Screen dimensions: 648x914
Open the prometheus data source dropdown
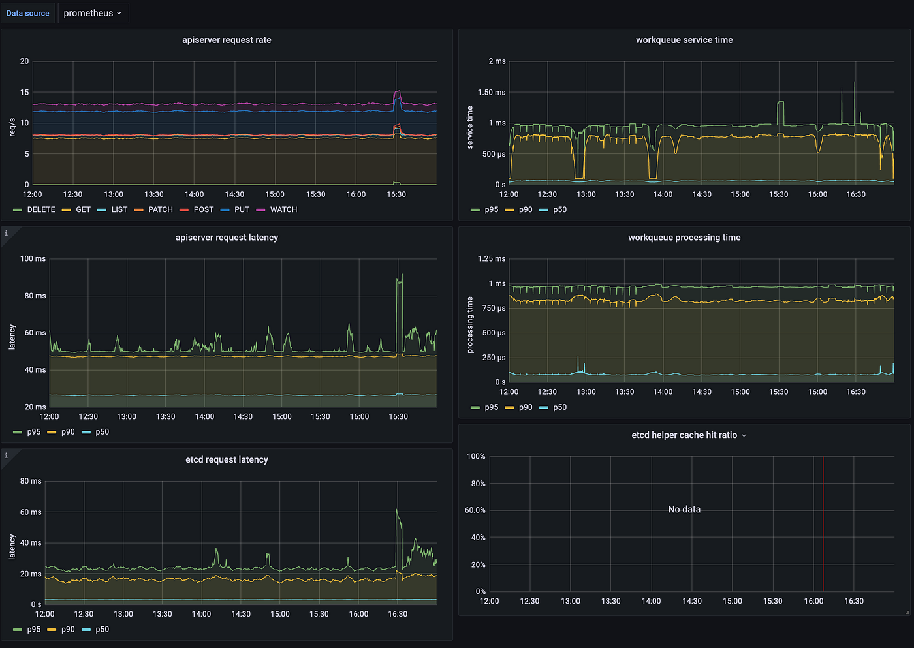tap(93, 13)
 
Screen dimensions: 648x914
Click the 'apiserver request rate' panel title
tap(227, 40)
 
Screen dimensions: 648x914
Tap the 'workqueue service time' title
tap(684, 40)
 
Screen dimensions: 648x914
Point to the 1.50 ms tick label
tap(491, 93)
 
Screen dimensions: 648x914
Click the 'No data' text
tap(684, 509)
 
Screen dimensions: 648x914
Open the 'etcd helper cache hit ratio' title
tap(684, 435)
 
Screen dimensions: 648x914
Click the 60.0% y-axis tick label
tap(475, 510)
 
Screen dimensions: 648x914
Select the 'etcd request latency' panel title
tap(227, 459)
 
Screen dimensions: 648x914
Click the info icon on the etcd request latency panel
tap(7, 455)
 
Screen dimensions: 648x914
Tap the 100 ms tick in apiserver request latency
tap(33, 259)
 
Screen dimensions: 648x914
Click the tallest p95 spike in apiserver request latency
tap(401, 275)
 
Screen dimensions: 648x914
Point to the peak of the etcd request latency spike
tap(397, 510)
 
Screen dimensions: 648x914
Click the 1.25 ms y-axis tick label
tap(491, 259)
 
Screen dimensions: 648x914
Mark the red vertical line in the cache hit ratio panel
tap(823, 522)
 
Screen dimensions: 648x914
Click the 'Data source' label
tap(28, 13)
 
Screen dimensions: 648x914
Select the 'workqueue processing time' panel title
tap(684, 238)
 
